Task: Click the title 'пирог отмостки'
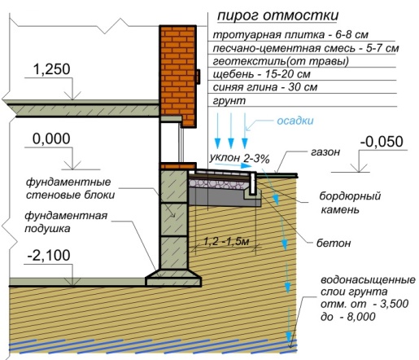coord(278,15)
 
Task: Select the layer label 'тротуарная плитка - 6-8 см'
coord(290,35)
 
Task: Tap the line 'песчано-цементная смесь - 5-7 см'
coord(306,48)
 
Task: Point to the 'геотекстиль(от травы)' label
coord(281,61)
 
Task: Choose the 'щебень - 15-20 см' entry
coord(262,74)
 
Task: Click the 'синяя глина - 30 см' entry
coord(265,87)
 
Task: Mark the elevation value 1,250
coord(51,69)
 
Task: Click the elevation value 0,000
coord(51,138)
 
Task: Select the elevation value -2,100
coord(49,255)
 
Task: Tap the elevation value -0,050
coord(382,142)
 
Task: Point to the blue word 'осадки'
coord(295,121)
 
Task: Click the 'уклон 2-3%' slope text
coord(240,159)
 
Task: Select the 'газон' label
coord(325,152)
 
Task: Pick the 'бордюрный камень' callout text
coord(350,203)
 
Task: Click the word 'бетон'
coord(334,243)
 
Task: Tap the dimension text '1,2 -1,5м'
coord(226,241)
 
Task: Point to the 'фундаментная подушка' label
coord(66,222)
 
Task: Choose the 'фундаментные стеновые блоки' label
coord(70,188)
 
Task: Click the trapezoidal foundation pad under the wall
coord(173,278)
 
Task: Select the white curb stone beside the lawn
coord(253,184)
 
